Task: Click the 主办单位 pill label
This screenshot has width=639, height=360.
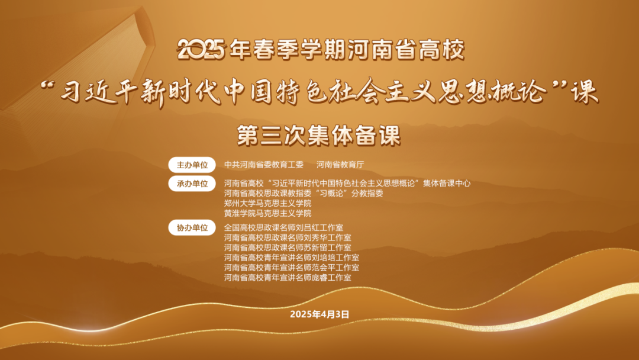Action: coord(192,165)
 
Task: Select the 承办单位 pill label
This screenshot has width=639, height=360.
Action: coord(192,184)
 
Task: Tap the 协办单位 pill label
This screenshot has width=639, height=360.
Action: coord(192,227)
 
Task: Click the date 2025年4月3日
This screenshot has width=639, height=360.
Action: coord(319,314)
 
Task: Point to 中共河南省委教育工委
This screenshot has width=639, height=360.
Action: coord(263,165)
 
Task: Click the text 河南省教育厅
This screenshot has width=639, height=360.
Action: coord(344,165)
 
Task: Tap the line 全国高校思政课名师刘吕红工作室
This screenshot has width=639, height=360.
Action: coord(283,227)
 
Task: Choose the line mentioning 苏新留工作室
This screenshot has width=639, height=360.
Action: coord(288,247)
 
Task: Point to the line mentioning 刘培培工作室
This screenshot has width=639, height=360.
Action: coord(292,258)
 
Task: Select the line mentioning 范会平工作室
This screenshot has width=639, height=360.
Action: coord(292,268)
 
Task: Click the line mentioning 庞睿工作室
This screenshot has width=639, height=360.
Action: coord(288,278)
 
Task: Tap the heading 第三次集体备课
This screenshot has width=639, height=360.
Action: coord(319,134)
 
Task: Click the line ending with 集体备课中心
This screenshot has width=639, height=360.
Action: coord(347,184)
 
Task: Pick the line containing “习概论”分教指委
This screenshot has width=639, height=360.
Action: coord(304,193)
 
